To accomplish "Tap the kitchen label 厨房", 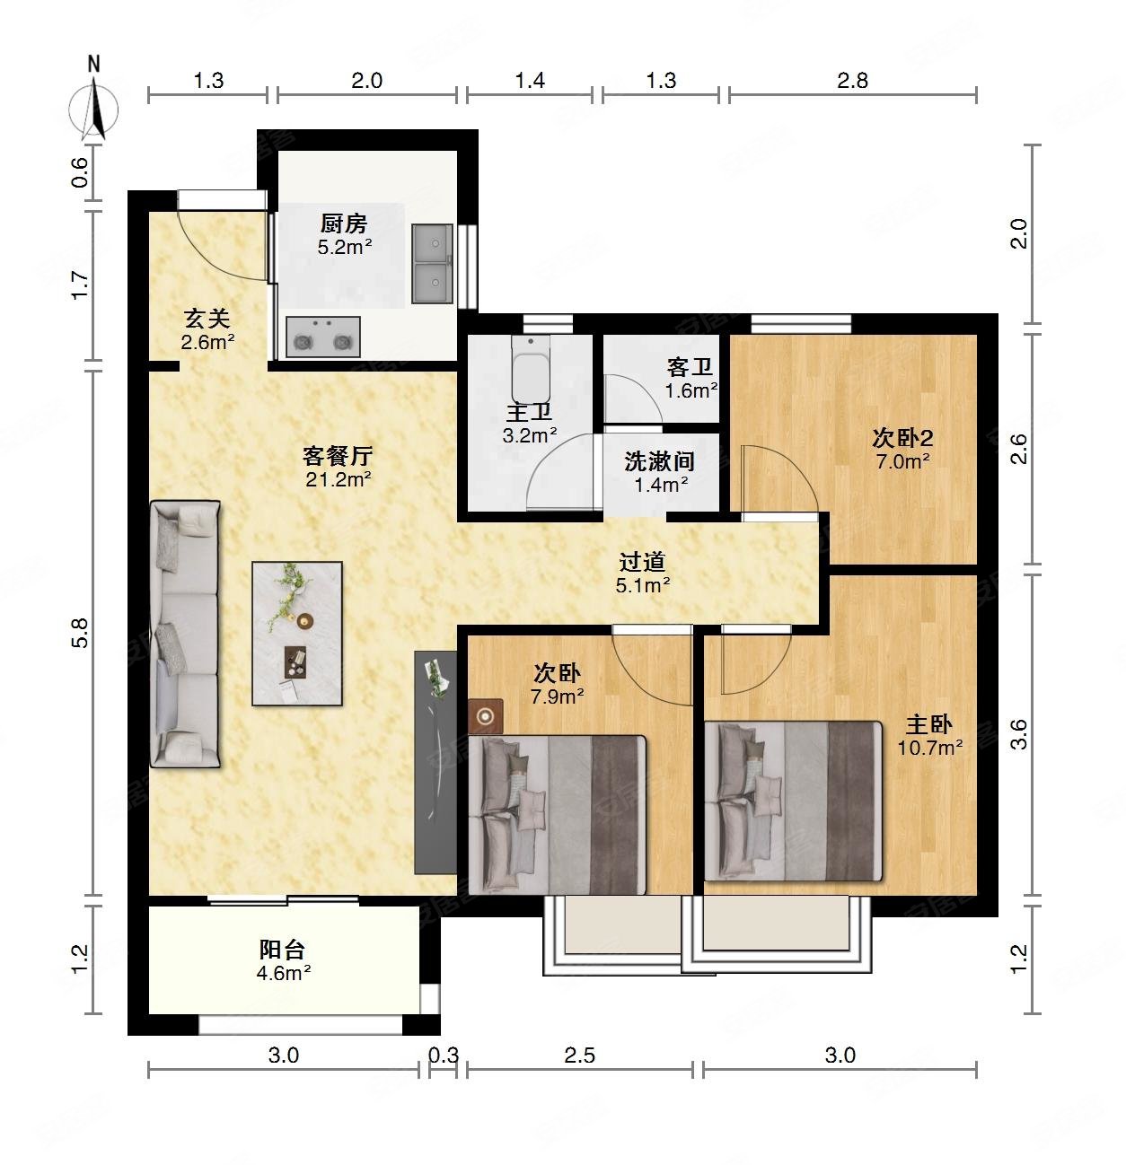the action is tap(343, 223).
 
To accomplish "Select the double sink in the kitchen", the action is tap(432, 263).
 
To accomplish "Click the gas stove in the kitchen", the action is tap(323, 337).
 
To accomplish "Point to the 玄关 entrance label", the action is tap(207, 319).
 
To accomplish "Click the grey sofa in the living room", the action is tap(185, 634).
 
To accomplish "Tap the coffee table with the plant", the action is tap(297, 634).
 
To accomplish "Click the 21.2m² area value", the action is tap(339, 479).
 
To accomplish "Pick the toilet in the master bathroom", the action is tap(531, 369).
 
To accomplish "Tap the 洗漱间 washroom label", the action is tap(659, 461).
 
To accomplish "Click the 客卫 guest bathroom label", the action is tap(690, 366).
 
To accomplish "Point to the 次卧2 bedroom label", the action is tap(902, 438).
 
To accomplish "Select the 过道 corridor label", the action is tap(642, 562).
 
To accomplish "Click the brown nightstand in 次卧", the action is tap(485, 716).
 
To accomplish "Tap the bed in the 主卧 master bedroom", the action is tap(793, 801).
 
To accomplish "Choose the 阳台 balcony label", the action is tap(282, 949).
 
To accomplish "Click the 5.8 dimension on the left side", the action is tap(80, 633).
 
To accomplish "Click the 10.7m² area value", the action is tap(929, 747).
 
